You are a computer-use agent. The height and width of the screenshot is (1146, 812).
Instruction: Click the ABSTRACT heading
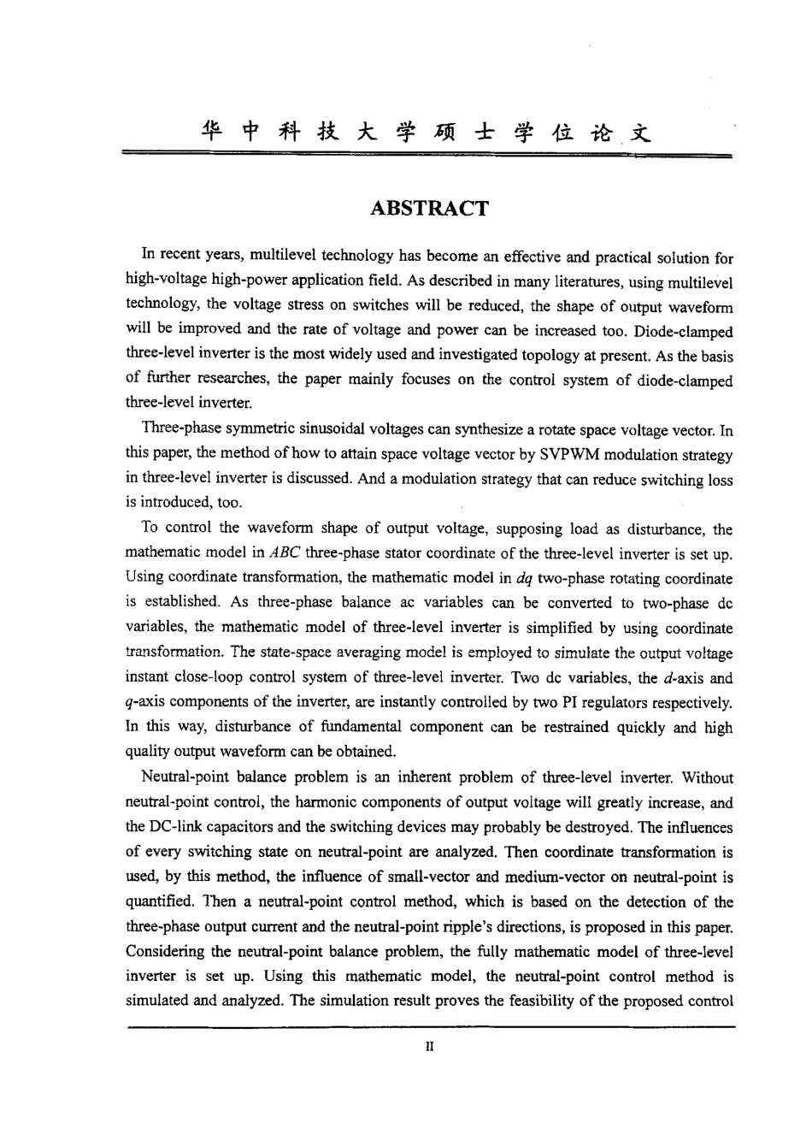click(x=430, y=209)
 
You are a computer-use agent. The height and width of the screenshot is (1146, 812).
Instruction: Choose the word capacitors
click(x=250, y=828)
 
